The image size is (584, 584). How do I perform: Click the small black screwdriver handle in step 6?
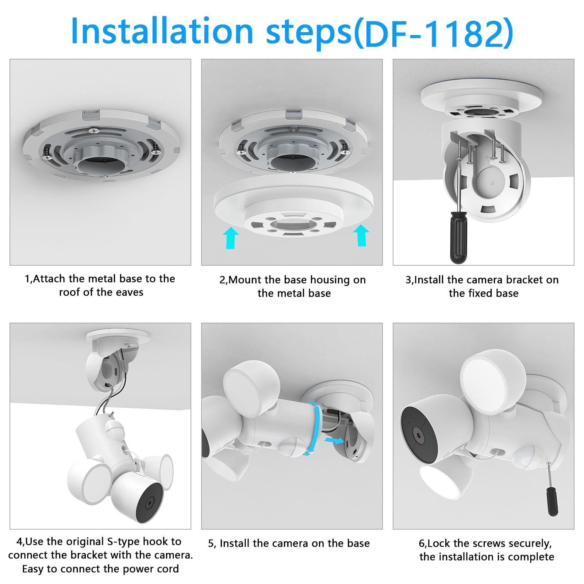pos(552,502)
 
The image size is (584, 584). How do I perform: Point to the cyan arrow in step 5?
pos(334,441)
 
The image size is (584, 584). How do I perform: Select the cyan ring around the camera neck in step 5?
pos(315,427)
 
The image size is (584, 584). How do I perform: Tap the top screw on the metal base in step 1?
pos(94,130)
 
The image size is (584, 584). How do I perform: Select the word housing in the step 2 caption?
pos(327,280)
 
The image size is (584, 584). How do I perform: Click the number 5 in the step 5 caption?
pos(211,543)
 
